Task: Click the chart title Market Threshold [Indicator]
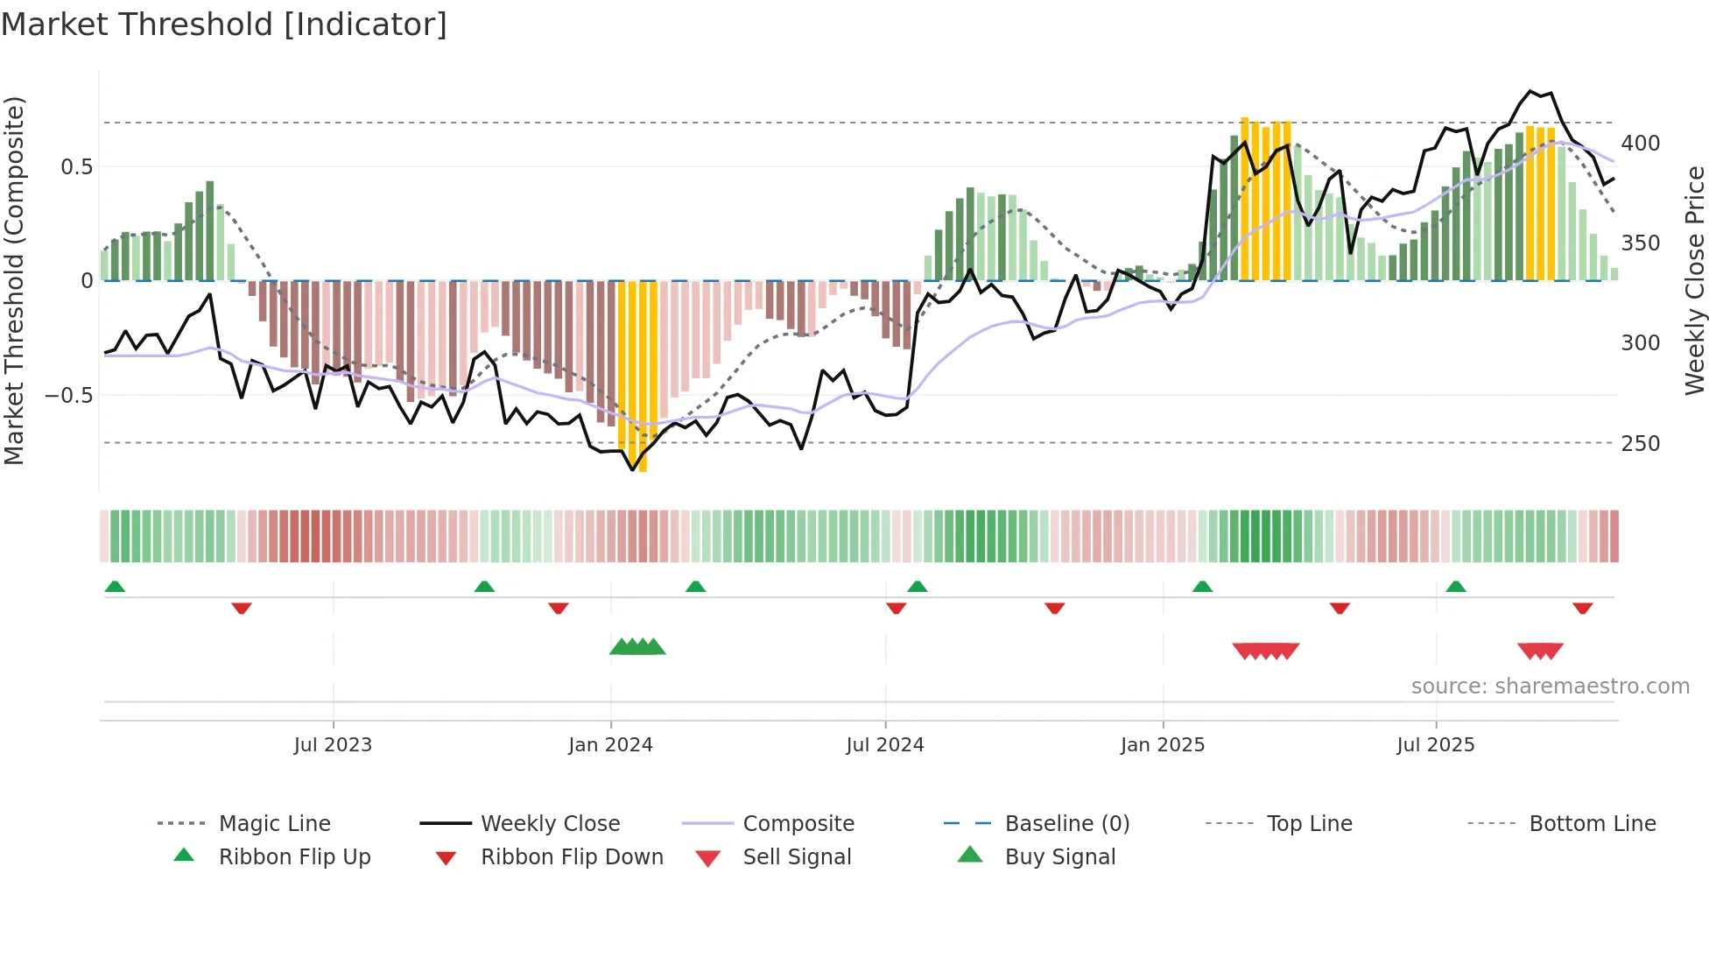click(x=224, y=25)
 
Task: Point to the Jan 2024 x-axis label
click(x=610, y=744)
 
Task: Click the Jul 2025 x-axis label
click(x=1435, y=744)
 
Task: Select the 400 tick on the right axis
click(x=1640, y=143)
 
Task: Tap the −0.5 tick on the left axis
click(x=68, y=395)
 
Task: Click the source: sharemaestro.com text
click(x=1550, y=686)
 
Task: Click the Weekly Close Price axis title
click(x=1695, y=280)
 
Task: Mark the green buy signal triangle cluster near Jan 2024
click(x=637, y=647)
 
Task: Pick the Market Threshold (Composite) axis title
click(x=14, y=280)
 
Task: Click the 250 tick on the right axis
click(x=1640, y=443)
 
